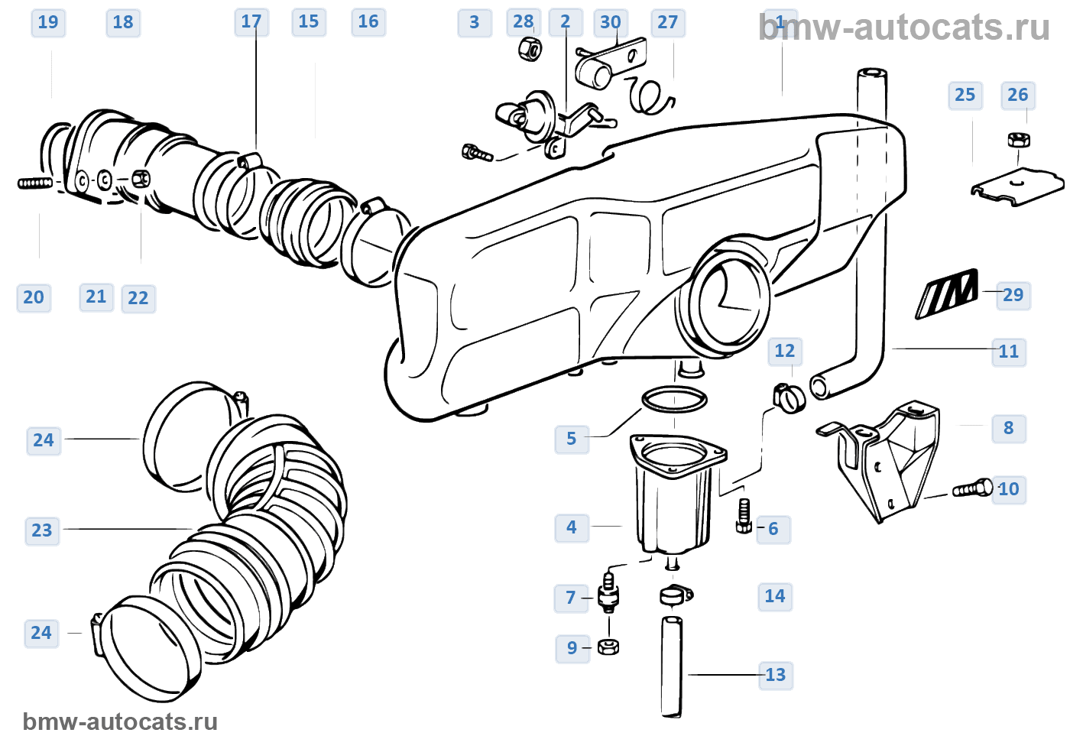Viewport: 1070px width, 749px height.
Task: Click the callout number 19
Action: [48, 22]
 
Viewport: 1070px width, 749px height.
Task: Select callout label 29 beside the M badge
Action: [1013, 295]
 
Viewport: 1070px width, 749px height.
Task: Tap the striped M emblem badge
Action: [947, 293]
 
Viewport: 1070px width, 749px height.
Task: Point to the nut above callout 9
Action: [608, 647]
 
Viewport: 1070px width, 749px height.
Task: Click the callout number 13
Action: [775, 675]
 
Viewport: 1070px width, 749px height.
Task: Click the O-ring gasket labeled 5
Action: [674, 399]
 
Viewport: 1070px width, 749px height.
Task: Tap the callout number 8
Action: [1008, 428]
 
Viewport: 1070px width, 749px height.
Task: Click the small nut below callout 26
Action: [1018, 140]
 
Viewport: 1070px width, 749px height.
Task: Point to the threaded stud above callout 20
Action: [35, 183]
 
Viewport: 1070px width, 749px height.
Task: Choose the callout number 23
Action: [42, 530]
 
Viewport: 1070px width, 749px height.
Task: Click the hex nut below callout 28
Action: [529, 50]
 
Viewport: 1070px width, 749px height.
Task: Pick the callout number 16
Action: [368, 22]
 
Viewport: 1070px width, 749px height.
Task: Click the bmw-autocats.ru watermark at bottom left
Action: [120, 721]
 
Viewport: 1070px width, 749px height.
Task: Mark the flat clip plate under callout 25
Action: [1017, 187]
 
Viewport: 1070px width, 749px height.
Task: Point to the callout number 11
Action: [1009, 352]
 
